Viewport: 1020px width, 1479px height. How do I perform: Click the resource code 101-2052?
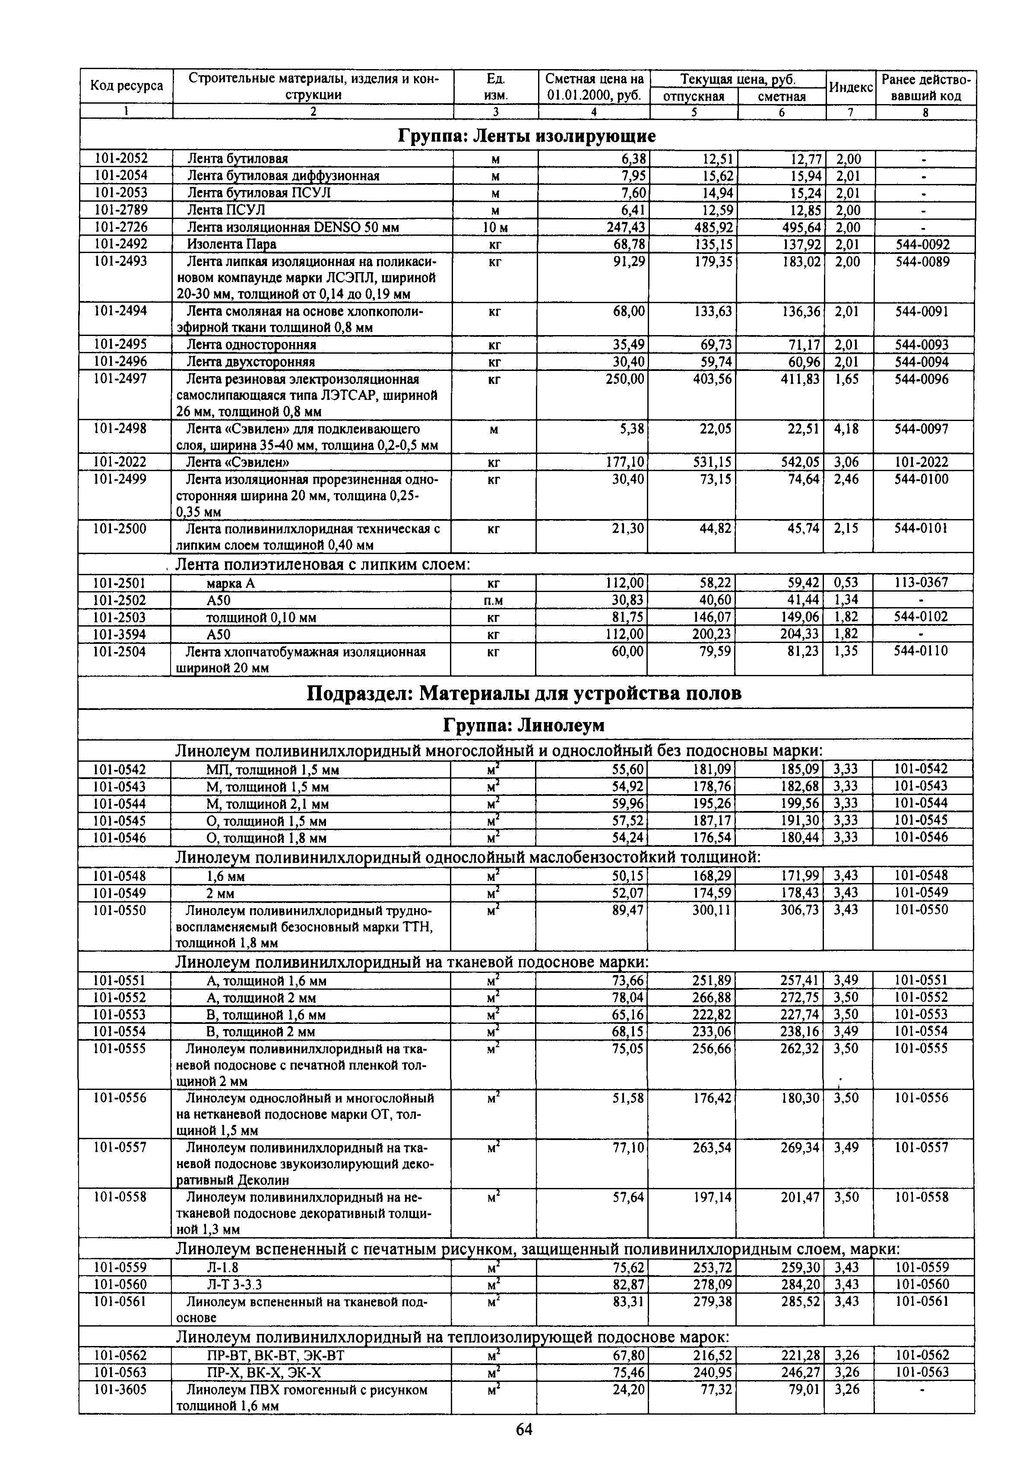[x=121, y=158]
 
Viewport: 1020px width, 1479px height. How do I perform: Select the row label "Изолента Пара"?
[x=231, y=245]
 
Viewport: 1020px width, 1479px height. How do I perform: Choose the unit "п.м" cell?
[x=494, y=600]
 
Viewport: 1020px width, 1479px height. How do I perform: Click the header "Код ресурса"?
[x=127, y=86]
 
